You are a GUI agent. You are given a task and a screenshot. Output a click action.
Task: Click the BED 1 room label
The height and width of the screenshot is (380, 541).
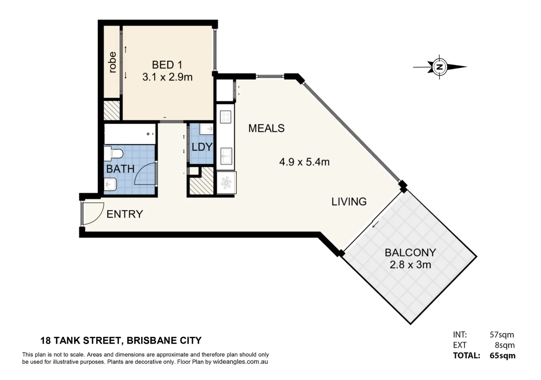[167, 65]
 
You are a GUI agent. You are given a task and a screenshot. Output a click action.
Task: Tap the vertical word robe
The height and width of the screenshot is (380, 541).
[112, 62]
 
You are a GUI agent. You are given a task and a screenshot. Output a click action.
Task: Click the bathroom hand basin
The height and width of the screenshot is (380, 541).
[111, 184]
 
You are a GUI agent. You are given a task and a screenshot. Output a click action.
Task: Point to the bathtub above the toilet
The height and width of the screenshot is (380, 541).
[130, 134]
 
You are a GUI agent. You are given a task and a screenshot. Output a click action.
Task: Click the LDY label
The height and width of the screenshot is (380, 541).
[202, 147]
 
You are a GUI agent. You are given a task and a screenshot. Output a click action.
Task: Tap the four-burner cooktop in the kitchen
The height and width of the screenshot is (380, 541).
[225, 117]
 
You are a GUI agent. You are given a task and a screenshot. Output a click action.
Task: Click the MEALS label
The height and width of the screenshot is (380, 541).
[266, 128]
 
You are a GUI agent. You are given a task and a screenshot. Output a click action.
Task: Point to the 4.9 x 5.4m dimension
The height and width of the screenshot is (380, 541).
[304, 162]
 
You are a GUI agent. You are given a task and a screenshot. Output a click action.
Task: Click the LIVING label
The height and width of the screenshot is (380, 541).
[349, 202]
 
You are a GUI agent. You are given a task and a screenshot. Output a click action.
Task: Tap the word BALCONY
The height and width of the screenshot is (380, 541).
[410, 253]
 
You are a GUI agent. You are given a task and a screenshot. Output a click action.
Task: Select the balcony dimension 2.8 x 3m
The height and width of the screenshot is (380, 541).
[410, 265]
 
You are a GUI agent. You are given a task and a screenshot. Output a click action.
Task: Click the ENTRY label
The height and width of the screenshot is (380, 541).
[125, 214]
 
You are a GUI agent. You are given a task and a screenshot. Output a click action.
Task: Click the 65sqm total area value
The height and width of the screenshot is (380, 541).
[502, 356]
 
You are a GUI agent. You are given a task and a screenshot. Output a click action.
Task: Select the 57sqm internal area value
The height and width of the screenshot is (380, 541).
[502, 335]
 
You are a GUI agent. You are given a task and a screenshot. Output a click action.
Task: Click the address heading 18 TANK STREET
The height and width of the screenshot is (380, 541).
[121, 341]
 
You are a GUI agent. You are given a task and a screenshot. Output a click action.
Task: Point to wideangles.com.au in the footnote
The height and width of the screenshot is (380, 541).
[240, 362]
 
